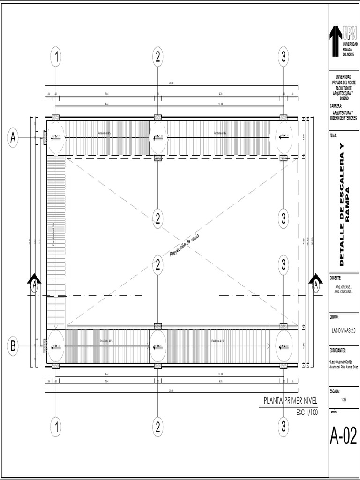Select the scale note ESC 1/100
(x=307, y=412)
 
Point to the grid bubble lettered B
(x=13, y=346)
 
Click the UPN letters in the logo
(x=350, y=32)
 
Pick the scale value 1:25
(x=344, y=400)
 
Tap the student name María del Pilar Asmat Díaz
(x=344, y=367)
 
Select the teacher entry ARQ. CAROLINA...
(x=344, y=292)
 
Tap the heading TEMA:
(x=335, y=135)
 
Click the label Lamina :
(x=337, y=410)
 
